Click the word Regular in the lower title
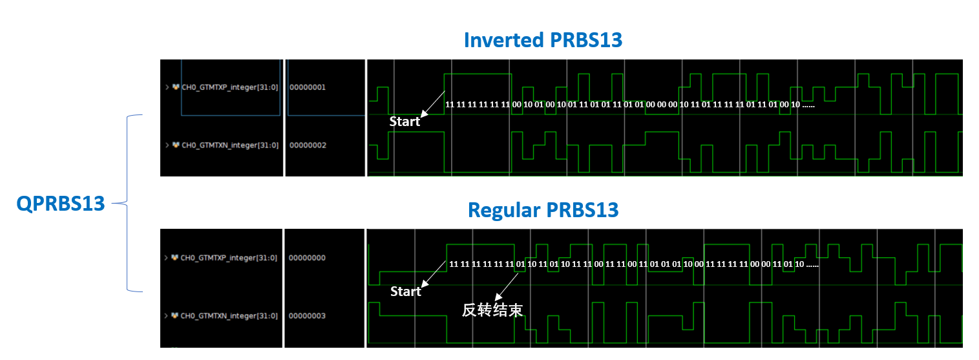504,210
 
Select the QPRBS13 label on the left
61,204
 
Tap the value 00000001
308,87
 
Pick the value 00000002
308,145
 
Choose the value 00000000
307,258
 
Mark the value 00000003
307,316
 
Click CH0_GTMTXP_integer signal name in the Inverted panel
230,87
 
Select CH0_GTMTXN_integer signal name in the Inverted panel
230,145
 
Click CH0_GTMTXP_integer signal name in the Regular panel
229,258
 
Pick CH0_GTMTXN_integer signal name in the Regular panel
229,316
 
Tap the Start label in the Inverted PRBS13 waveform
405,122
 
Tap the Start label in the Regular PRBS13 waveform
405,291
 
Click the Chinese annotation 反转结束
492,310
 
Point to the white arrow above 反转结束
509,284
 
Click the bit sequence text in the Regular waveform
633,264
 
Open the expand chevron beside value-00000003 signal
166,316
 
